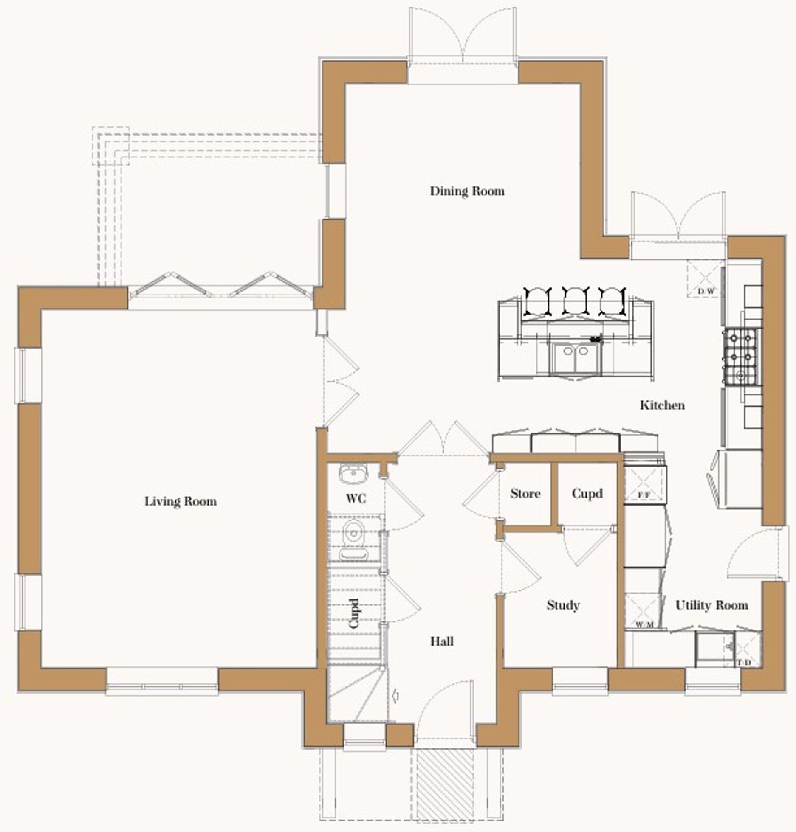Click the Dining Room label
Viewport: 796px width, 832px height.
pyautogui.click(x=467, y=191)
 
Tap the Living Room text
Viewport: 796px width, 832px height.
pyautogui.click(x=181, y=502)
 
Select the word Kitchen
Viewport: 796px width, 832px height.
pyautogui.click(x=662, y=405)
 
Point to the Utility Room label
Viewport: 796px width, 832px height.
pyautogui.click(x=711, y=605)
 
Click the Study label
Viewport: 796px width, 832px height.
pyautogui.click(x=563, y=605)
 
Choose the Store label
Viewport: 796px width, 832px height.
pyautogui.click(x=525, y=494)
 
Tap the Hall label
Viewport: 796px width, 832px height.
pyautogui.click(x=442, y=641)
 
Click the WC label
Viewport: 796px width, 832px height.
pyautogui.click(x=356, y=498)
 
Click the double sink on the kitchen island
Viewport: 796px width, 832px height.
pyautogui.click(x=576, y=359)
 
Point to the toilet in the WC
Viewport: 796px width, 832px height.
pyautogui.click(x=353, y=540)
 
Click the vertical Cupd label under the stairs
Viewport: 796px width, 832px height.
pyautogui.click(x=354, y=614)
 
